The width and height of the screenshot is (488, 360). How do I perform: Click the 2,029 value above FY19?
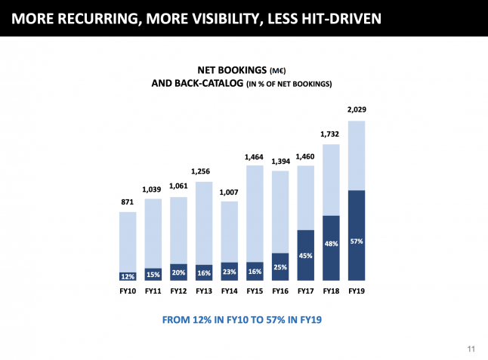[357, 110]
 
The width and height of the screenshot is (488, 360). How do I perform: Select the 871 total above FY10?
[128, 202]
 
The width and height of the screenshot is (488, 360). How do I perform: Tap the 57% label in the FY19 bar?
[357, 242]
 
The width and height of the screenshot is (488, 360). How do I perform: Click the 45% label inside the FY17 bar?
[306, 254]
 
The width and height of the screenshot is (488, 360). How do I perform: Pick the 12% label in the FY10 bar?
[128, 276]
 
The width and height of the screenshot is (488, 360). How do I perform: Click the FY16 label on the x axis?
[280, 291]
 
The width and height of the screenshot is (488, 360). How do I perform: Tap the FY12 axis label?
[179, 291]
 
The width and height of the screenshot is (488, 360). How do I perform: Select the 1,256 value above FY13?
[204, 171]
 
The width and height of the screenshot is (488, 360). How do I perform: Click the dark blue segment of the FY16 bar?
[280, 267]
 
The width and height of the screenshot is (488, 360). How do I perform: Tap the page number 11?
[471, 349]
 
